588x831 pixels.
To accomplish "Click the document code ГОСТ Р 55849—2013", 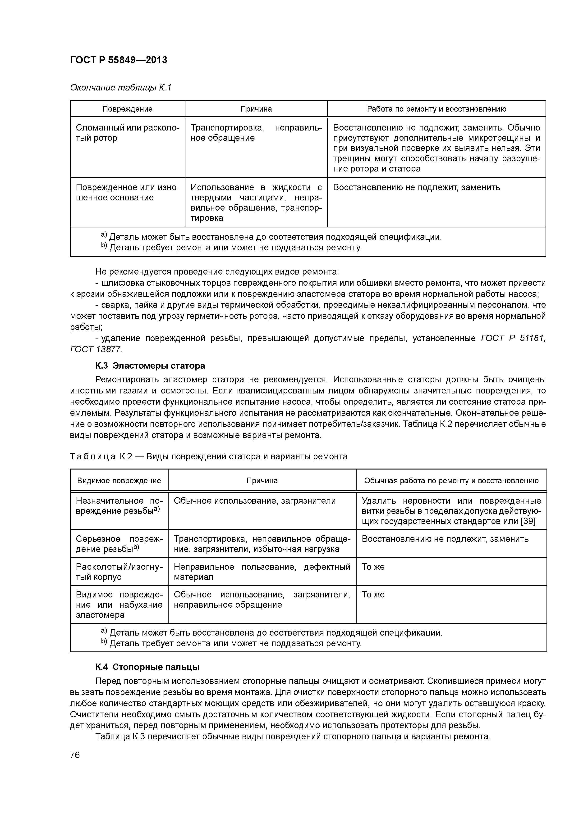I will tap(119, 60).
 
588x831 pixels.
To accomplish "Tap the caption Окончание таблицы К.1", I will tap(120, 88).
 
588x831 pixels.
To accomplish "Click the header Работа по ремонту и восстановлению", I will tap(436, 109).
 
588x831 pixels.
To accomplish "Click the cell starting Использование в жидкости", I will tap(256, 202).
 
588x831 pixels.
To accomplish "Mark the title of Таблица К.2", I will tap(208, 456).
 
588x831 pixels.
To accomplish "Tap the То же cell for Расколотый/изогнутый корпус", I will tap(373, 567).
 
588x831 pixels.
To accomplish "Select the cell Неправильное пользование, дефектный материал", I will tap(262, 572).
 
